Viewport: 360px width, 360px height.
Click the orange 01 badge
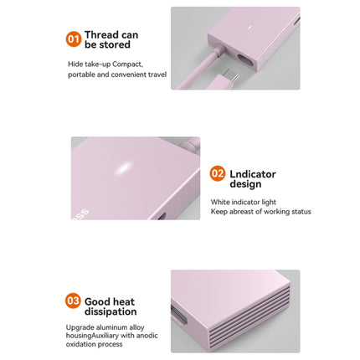[x=74, y=39]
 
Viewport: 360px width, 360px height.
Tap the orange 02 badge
[x=218, y=173]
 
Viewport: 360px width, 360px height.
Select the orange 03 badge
[x=73, y=301]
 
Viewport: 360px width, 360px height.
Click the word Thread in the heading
[x=101, y=35]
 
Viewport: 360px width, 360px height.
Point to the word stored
[x=115, y=44]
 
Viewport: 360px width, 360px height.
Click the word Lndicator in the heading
[x=253, y=174]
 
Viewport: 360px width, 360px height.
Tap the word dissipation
[x=111, y=311]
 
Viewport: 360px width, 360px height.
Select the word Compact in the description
[x=128, y=64]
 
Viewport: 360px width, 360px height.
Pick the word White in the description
[x=220, y=202]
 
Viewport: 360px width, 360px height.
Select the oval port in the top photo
[x=246, y=60]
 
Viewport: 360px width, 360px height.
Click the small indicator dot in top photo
[x=249, y=28]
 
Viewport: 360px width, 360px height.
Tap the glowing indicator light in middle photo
[x=123, y=167]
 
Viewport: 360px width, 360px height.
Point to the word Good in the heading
[x=96, y=301]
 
